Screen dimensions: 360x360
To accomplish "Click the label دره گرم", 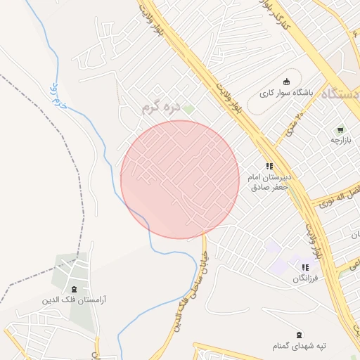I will [161, 107].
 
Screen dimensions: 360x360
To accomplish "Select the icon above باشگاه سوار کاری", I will [286, 81].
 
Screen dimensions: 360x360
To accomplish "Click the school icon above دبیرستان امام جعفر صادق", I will [269, 167].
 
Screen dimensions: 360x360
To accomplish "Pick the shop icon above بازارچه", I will [340, 129].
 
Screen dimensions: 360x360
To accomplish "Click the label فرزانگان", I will [306, 279].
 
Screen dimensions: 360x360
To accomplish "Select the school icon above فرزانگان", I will [306, 267].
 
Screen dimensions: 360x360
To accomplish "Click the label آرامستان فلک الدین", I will [74, 300].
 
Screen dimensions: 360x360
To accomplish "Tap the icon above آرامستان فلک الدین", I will [74, 289].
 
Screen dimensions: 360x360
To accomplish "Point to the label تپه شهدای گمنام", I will [300, 346].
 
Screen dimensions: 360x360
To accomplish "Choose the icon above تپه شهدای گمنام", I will [300, 334].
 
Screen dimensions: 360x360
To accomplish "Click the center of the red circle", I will [180, 179].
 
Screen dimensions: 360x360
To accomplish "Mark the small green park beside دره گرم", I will [188, 109].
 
